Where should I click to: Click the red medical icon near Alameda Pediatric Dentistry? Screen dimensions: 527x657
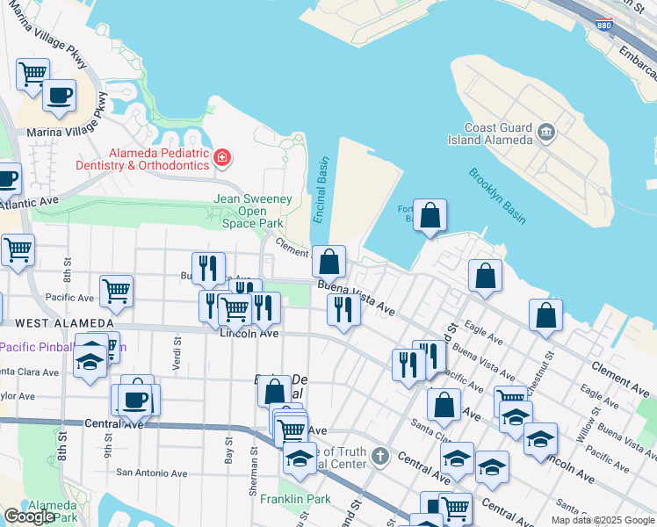[x=222, y=158]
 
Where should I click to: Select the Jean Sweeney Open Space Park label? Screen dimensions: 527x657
[x=253, y=211]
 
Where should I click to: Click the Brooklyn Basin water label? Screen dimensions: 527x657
[x=497, y=196]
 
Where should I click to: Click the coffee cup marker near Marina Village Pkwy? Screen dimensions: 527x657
[x=60, y=94]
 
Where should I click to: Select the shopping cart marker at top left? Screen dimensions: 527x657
[x=32, y=73]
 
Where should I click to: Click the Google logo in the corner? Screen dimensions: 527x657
[x=29, y=516]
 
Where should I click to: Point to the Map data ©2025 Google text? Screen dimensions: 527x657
[x=603, y=520]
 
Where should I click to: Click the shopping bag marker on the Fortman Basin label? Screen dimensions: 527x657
[x=430, y=215]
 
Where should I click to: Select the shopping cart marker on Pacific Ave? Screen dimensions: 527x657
[x=116, y=289]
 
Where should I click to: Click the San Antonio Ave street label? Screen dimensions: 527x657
[x=152, y=473]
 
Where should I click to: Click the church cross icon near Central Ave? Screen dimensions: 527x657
[x=379, y=456]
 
